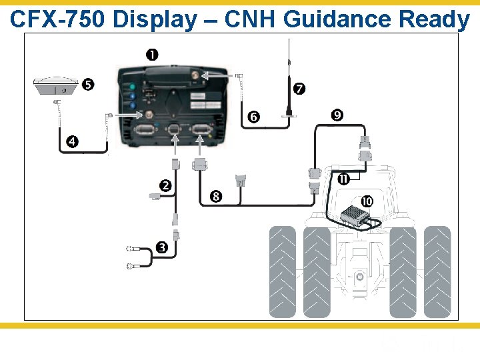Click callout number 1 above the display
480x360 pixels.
coord(152,54)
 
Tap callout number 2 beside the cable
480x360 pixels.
coord(165,185)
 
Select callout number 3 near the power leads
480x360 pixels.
coord(161,248)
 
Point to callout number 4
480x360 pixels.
coord(71,141)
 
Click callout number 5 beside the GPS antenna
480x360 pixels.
coord(88,85)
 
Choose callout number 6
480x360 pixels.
coord(253,117)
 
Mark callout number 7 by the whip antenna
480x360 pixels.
coord(299,88)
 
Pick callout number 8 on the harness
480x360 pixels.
coord(215,196)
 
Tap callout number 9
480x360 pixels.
coord(337,115)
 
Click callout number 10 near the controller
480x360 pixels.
coord(367,201)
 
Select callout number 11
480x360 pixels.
coord(343,179)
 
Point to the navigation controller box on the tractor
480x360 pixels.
coord(356,215)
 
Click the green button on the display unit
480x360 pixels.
coord(133,87)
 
